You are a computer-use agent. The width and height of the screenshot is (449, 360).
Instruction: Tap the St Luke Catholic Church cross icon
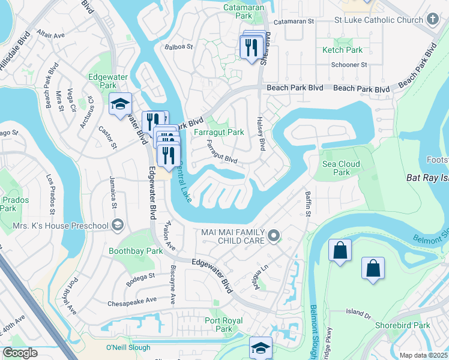pyautogui.click(x=433, y=20)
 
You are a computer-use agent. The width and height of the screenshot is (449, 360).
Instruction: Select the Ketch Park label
pyautogui.click(x=343, y=50)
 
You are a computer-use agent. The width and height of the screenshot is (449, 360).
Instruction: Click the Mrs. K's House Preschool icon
pyautogui.click(x=118, y=226)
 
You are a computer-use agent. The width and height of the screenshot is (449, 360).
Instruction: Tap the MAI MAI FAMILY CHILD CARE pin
pyautogui.click(x=274, y=236)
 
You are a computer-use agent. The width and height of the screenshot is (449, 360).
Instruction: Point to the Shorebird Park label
pyautogui.click(x=408, y=325)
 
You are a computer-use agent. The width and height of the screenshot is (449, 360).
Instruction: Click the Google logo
pyautogui.click(x=20, y=353)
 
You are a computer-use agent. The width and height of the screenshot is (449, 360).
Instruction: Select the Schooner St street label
pyautogui.click(x=349, y=65)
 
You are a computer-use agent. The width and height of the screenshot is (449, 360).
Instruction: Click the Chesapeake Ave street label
pyautogui.click(x=131, y=299)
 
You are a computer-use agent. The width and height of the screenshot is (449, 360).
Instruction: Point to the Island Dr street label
pyautogui.click(x=359, y=312)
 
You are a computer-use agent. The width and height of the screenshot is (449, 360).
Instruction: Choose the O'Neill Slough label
pyautogui.click(x=127, y=347)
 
